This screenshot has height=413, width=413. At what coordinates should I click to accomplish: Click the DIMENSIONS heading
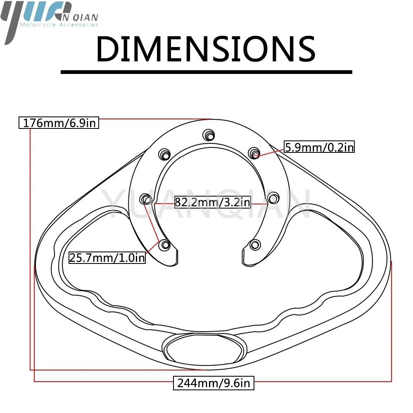206,50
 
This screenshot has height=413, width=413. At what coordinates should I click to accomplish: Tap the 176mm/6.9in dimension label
59,123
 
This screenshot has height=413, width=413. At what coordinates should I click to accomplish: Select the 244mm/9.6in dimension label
214,383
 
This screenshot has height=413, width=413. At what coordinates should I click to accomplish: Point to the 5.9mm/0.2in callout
319,147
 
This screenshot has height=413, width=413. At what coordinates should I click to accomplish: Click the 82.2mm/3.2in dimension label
212,202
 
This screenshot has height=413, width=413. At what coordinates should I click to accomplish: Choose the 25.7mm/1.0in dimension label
107,258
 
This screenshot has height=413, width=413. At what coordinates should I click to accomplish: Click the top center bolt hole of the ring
209,135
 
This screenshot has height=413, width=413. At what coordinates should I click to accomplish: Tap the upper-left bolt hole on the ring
165,154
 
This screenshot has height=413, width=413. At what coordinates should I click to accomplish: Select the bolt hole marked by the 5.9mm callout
254,153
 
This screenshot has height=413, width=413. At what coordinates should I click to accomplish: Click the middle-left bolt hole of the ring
146,199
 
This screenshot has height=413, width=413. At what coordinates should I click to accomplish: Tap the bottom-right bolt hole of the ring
255,245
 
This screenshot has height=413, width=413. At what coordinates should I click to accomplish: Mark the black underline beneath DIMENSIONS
206,72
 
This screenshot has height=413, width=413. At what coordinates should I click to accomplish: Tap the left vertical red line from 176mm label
30,248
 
